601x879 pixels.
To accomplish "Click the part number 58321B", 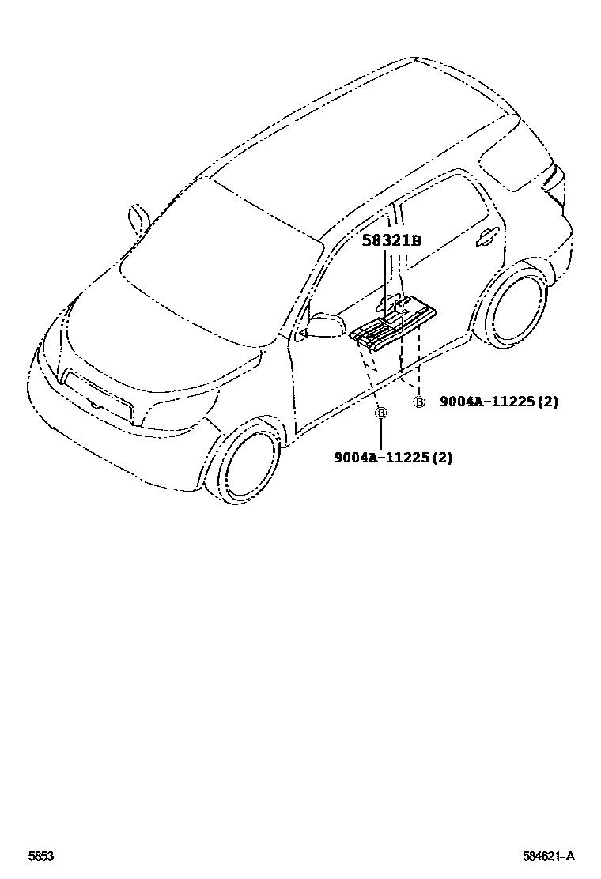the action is pyautogui.click(x=391, y=241).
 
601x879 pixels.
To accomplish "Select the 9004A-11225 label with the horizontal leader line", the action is pyautogui.click(x=498, y=402).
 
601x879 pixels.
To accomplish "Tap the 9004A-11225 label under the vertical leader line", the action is pyautogui.click(x=393, y=458).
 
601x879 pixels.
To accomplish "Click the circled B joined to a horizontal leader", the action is pyautogui.click(x=419, y=402).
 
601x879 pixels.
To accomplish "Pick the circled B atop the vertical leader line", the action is pyautogui.click(x=380, y=413).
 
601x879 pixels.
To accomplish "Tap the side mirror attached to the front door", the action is pyautogui.click(x=324, y=325).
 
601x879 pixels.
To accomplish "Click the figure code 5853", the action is pyautogui.click(x=41, y=856).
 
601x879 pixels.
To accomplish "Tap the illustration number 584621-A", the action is pyautogui.click(x=547, y=856).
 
